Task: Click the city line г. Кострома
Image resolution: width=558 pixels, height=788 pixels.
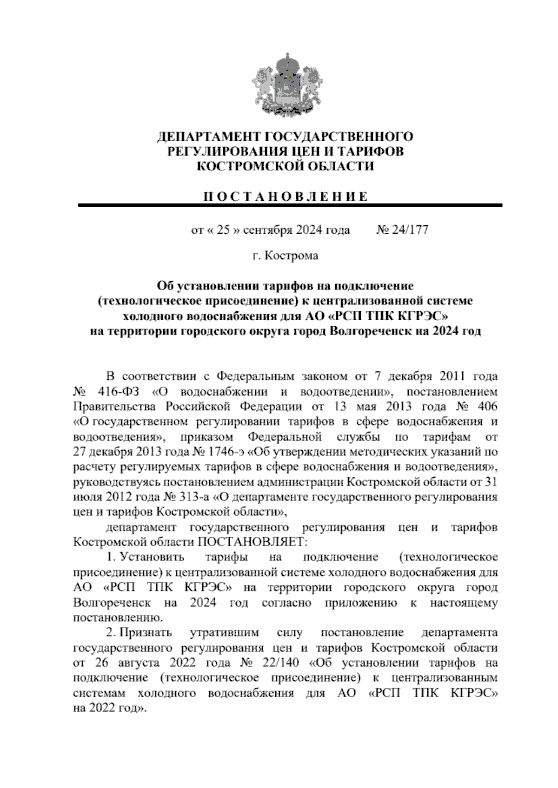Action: tap(285, 256)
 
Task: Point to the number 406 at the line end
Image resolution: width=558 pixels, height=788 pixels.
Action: tap(488, 407)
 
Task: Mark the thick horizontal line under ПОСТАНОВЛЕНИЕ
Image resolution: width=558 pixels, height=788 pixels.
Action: tap(290, 205)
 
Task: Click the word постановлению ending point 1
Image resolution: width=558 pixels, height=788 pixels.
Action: tap(118, 618)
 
